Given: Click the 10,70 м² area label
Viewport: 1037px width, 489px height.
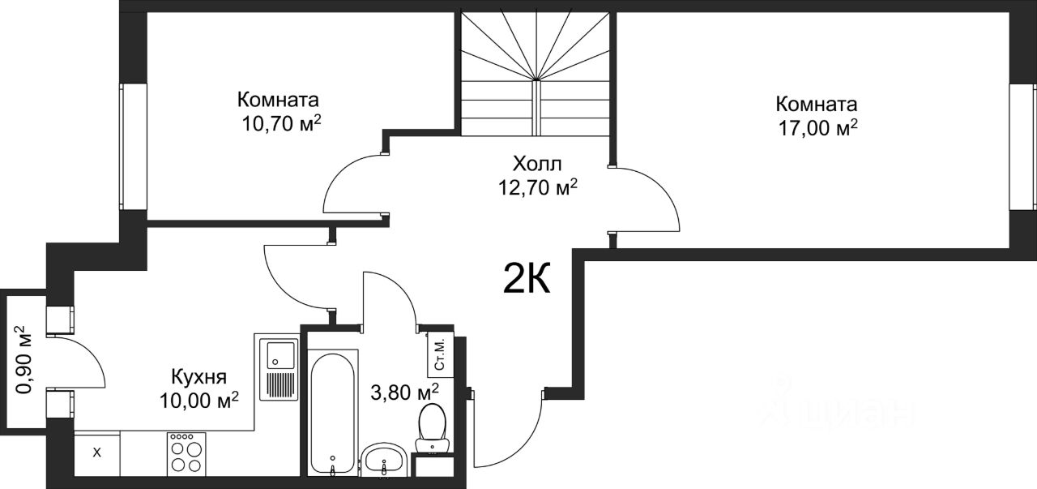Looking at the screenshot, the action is [x=281, y=123].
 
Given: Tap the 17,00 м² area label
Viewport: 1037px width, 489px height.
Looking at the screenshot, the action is [x=817, y=128].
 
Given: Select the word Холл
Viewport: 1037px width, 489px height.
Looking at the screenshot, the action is [x=537, y=164].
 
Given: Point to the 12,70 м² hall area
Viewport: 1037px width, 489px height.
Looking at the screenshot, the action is [x=537, y=187].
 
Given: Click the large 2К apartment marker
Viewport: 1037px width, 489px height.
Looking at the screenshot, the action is [x=527, y=278].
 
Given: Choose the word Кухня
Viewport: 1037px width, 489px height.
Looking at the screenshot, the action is [x=199, y=377].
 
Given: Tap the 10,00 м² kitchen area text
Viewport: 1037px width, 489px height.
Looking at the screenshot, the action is [x=199, y=400].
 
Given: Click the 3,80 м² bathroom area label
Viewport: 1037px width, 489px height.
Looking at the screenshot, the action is [x=404, y=392].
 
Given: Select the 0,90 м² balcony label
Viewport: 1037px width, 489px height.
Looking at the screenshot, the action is [x=24, y=360].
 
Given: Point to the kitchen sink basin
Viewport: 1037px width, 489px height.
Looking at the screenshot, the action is [x=277, y=355].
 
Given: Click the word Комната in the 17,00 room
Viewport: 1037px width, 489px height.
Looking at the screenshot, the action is [x=817, y=105].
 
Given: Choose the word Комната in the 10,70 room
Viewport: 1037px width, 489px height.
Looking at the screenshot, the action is [x=278, y=100].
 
